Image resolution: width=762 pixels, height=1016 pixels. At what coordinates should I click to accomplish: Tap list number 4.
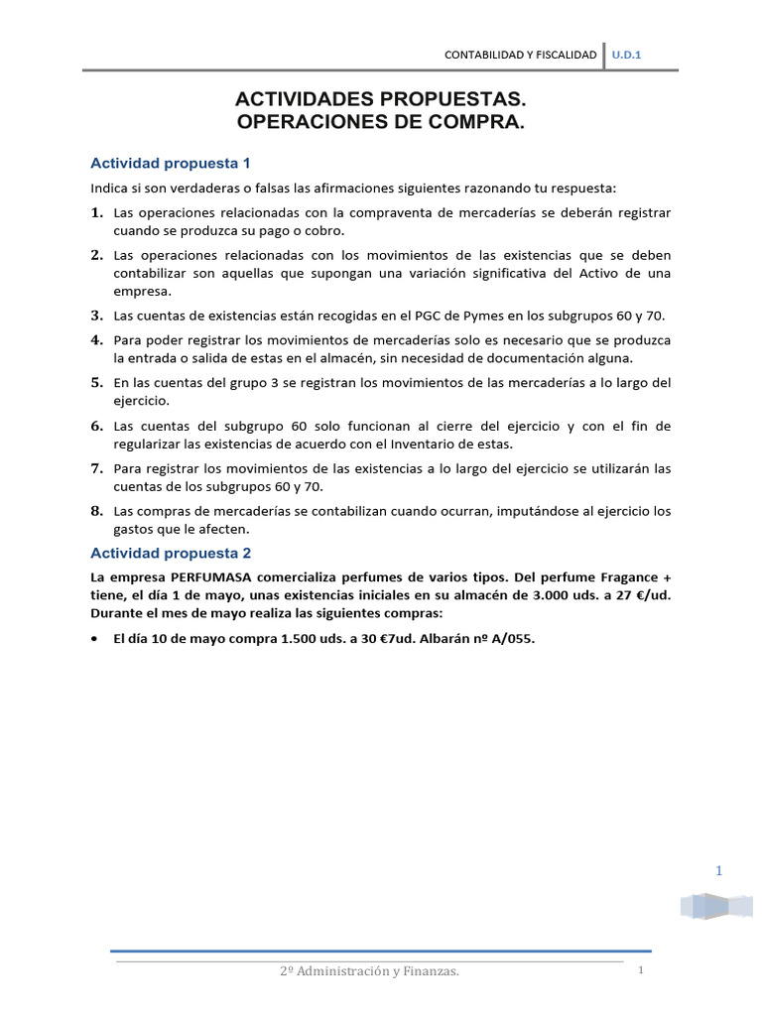(x=97, y=340)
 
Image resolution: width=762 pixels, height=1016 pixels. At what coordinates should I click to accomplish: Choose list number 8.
(x=97, y=511)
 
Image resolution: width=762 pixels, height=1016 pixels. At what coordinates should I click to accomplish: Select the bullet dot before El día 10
(x=93, y=640)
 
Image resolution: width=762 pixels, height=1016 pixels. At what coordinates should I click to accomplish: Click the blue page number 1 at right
(x=718, y=871)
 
